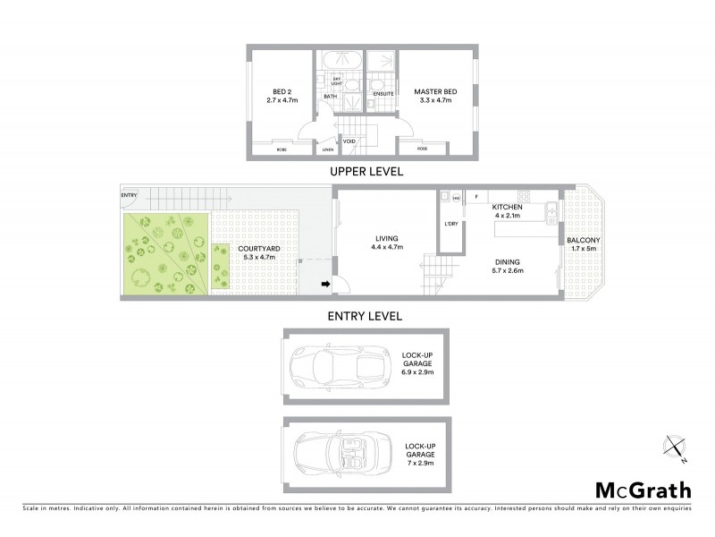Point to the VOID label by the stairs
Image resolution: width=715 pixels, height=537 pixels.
coord(349,141)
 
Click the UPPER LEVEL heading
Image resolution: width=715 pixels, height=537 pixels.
coord(366,170)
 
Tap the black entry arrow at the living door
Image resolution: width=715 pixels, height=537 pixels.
coord(326,286)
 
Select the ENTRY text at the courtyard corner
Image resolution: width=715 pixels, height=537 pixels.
coord(129,195)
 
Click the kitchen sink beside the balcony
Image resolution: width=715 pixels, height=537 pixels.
coord(552,213)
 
